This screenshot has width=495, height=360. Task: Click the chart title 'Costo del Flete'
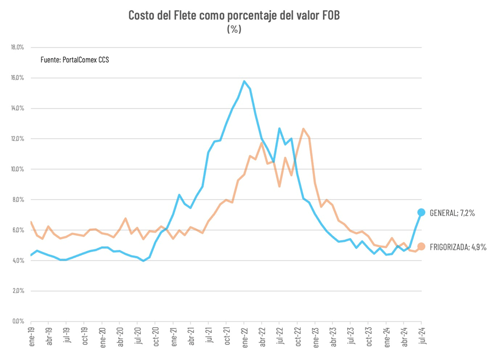(234, 15)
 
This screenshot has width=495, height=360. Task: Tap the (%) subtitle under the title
(234, 29)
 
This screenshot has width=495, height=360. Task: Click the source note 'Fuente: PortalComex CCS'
(75, 60)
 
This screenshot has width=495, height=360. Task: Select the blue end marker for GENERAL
(421, 212)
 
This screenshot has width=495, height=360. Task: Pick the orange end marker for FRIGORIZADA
(421, 247)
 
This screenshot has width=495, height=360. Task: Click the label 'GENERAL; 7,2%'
(453, 213)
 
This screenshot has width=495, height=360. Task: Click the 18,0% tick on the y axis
(17, 47)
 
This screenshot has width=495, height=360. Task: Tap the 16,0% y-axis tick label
(17, 78)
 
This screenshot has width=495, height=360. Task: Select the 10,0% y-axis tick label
(17, 169)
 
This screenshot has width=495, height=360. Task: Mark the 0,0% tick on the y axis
(18, 321)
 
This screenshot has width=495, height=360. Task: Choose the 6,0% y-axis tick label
(18, 230)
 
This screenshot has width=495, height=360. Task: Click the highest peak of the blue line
(244, 81)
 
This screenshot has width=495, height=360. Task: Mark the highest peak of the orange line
(304, 128)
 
